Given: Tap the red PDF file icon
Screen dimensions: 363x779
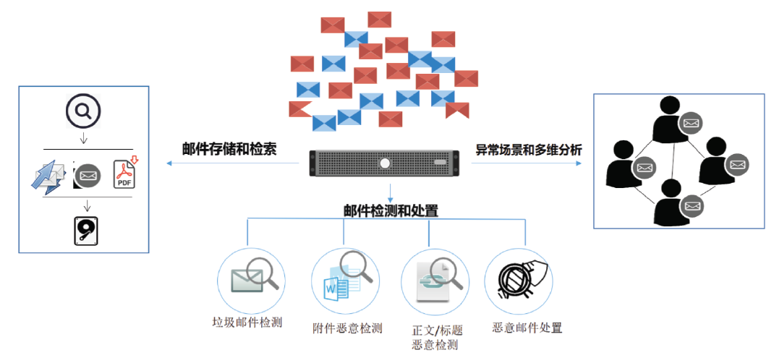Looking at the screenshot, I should (x=126, y=174).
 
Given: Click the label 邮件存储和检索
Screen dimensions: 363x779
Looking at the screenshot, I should (x=229, y=149).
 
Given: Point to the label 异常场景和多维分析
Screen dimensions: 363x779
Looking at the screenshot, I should (x=528, y=150).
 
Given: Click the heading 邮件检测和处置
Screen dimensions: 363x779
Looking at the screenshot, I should (x=391, y=210).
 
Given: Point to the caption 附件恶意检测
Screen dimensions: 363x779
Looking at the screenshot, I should (x=347, y=327).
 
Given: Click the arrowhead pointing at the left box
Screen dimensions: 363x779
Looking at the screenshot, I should (x=169, y=163).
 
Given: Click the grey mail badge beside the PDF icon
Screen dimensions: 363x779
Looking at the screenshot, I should (x=88, y=175).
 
